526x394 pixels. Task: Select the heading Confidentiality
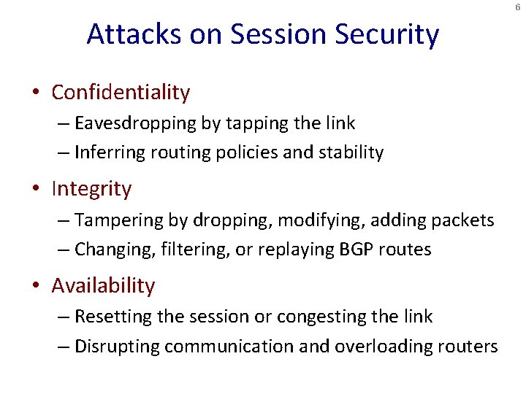(121, 93)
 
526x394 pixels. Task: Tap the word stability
(349, 152)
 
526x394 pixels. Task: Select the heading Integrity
(91, 189)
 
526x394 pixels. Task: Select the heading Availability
(103, 286)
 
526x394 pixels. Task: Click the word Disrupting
(116, 346)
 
